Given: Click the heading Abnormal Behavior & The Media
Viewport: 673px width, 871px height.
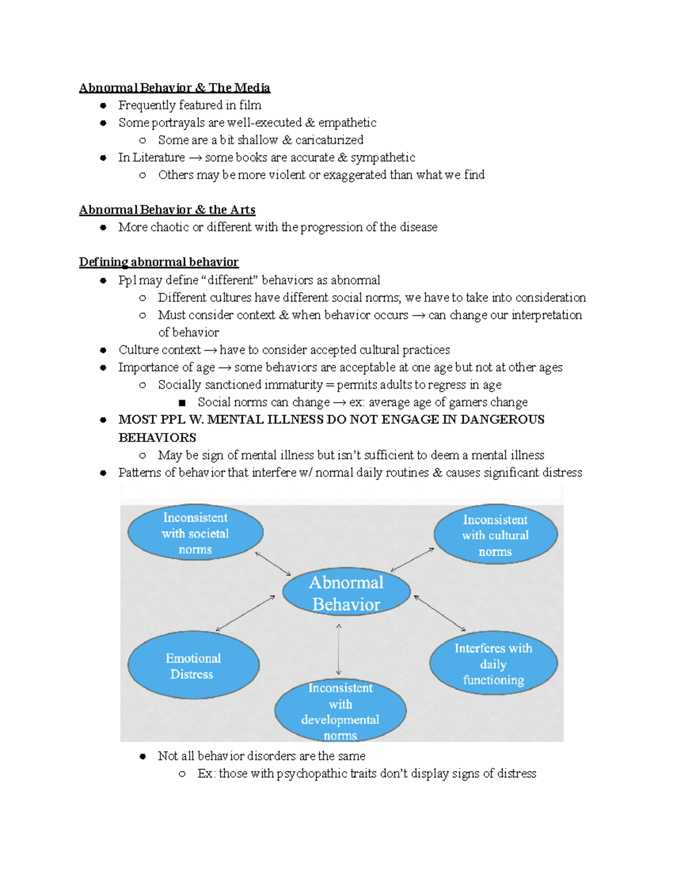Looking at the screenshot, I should pos(174,88).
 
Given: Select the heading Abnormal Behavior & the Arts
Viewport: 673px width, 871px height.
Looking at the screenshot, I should pos(167,210).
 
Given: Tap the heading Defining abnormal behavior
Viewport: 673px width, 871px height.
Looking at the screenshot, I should pos(159,262).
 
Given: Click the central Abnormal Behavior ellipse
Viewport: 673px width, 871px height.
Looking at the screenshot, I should pos(346,592).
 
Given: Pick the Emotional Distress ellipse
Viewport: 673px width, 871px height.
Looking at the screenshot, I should pos(193,666).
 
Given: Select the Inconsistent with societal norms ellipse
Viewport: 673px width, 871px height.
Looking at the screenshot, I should pos(195,533).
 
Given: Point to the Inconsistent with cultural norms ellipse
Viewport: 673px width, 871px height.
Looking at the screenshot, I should pos(495,535).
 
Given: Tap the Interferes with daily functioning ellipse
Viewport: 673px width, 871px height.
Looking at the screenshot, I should pos(493,663).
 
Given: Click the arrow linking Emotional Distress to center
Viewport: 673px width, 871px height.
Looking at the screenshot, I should pos(246,613).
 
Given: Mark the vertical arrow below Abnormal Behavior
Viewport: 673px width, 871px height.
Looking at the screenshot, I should pos(339,649).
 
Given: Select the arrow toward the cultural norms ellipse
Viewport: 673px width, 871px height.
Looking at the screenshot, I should pos(412,560).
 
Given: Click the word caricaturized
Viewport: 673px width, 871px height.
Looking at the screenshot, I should pos(329,140).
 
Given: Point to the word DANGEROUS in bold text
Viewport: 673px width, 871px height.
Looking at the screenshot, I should pos(502,420).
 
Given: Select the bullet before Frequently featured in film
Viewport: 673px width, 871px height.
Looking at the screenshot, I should pos(103,105).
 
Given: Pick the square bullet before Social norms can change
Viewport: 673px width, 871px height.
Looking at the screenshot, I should pos(182,403).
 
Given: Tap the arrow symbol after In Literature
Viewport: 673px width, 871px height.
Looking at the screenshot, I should pos(195,158).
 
